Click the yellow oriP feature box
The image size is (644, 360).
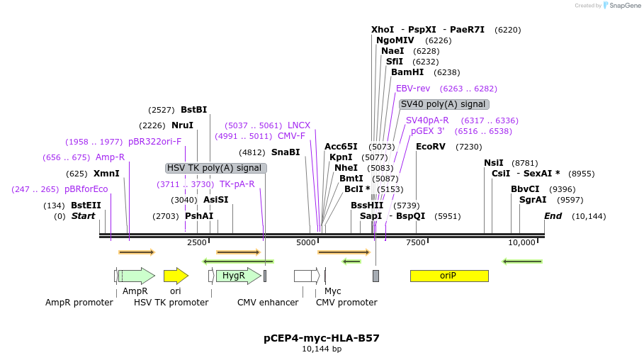click(x=448, y=276)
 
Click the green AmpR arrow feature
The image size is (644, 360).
click(x=136, y=276)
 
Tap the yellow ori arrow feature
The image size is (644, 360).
click(x=175, y=276)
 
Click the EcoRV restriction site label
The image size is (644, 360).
click(x=430, y=147)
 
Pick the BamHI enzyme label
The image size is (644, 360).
click(x=407, y=72)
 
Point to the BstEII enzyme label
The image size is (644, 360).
click(x=86, y=206)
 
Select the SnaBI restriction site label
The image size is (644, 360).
click(x=286, y=152)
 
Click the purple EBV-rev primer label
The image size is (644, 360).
click(x=413, y=89)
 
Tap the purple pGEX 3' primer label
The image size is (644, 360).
click(x=427, y=131)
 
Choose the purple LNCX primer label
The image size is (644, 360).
click(x=299, y=125)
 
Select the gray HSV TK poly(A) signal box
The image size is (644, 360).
click(x=215, y=168)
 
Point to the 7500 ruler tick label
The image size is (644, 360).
click(x=415, y=243)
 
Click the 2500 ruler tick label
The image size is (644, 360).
click(x=196, y=243)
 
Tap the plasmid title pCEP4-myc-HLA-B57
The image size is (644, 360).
click(x=322, y=338)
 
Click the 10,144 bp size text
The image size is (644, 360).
click(x=322, y=349)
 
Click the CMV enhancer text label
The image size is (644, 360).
click(x=268, y=303)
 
